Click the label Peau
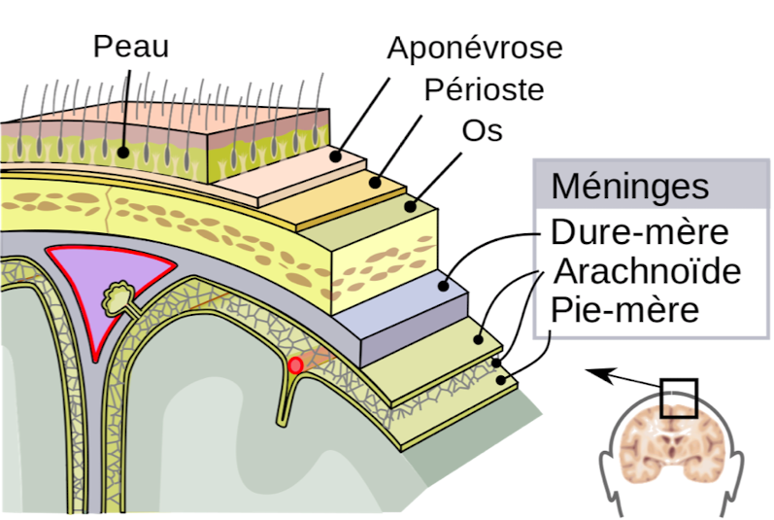[x=130, y=48]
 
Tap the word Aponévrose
[x=474, y=48]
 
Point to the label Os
[x=482, y=129]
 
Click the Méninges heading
[x=630, y=186]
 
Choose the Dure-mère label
[x=639, y=233]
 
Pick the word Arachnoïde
[x=646, y=271]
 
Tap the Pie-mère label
[x=624, y=310]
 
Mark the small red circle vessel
[x=295, y=365]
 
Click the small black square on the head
[x=679, y=399]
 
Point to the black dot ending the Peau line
[x=125, y=152]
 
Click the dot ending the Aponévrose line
[x=336, y=155]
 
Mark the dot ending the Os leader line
[x=411, y=206]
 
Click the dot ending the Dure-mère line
[x=443, y=286]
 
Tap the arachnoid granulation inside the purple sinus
[x=120, y=294]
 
